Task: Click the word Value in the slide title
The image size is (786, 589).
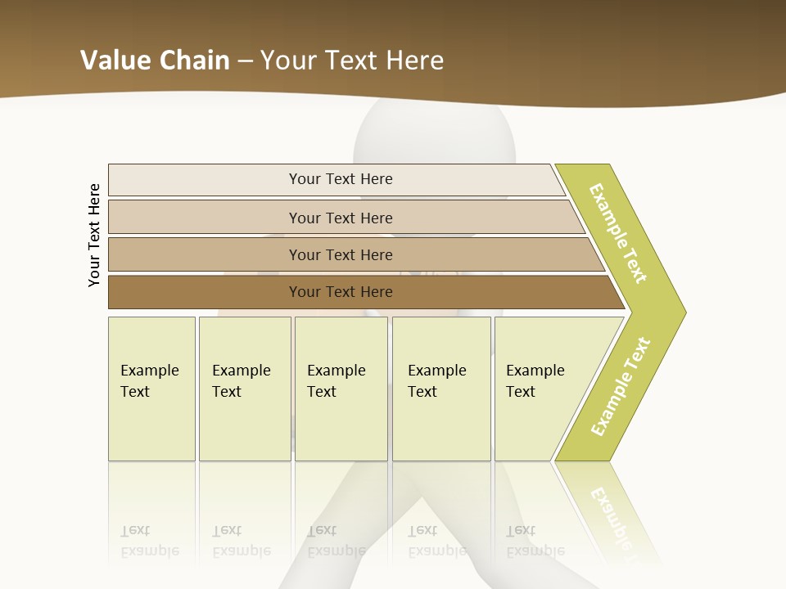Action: click(x=115, y=61)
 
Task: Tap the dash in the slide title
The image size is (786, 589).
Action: click(x=246, y=61)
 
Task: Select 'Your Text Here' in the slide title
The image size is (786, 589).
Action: click(x=352, y=61)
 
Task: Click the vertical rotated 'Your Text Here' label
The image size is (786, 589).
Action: click(x=94, y=235)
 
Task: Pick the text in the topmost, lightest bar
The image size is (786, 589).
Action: click(x=341, y=179)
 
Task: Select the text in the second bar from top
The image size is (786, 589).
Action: click(x=341, y=218)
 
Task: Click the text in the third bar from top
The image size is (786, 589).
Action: click(x=341, y=254)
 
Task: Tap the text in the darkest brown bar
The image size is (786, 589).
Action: click(x=341, y=292)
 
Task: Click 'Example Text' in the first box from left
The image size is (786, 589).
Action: click(x=149, y=381)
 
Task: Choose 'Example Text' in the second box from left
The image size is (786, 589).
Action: click(x=241, y=381)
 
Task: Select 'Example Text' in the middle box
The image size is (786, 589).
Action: click(x=336, y=381)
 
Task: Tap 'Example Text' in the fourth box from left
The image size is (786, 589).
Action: click(x=436, y=381)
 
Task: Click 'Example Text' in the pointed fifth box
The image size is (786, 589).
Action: click(x=535, y=381)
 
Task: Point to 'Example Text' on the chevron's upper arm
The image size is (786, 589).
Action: click(x=618, y=234)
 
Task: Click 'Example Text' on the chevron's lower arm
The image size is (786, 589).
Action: click(x=621, y=387)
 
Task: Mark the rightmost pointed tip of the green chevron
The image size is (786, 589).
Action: click(x=684, y=312)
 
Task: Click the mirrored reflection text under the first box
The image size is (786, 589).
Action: click(x=149, y=541)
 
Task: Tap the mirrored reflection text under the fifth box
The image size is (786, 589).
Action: click(x=535, y=541)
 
